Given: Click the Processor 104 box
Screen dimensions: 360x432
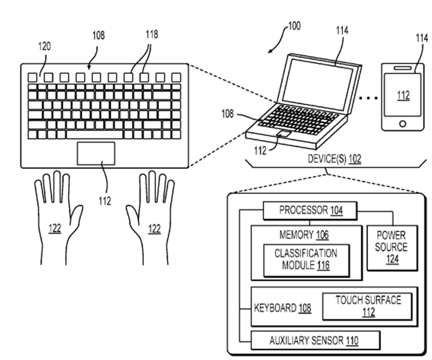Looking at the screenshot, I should (311, 211).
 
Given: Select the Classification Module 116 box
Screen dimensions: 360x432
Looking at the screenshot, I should (306, 259).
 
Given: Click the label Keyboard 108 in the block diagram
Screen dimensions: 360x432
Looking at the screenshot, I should (282, 308).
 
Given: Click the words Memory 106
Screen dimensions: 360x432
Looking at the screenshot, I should (304, 234).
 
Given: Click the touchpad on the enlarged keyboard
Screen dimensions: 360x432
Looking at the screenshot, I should (96, 153).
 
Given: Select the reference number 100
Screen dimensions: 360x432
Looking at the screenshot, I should (294, 26).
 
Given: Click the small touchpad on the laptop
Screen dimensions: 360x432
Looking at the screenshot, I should (284, 134).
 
